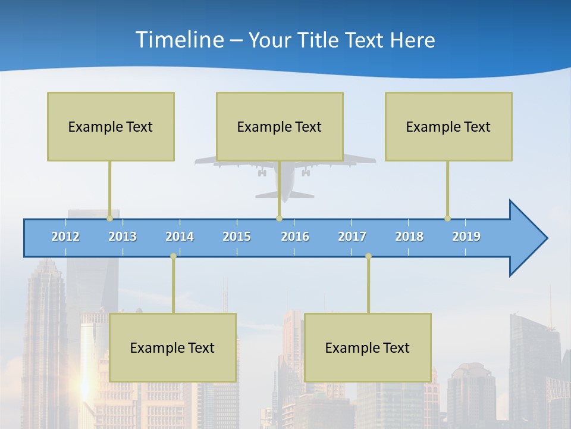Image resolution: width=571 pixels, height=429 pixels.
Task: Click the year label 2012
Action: pos(65,237)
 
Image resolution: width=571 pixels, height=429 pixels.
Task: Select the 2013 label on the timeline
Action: pos(123,237)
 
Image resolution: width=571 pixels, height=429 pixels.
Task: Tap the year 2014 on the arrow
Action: pos(180,237)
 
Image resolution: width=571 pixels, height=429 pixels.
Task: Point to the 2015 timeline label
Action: pos(237,237)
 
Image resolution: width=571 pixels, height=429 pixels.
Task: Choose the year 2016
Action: pos(295,237)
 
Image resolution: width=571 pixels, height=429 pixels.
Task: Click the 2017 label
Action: pos(352,237)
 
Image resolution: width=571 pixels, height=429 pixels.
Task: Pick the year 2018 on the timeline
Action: pos(409,237)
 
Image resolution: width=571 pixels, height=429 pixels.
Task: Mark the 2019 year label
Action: pos(466,237)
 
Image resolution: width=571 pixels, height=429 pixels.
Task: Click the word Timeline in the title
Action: pos(178,40)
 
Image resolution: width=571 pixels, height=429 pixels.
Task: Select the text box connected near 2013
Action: pos(111,126)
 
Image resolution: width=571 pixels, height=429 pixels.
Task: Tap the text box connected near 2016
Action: pos(280,126)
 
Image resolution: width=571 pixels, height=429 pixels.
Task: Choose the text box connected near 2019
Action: pos(448,126)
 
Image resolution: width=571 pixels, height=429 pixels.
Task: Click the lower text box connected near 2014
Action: pos(172,347)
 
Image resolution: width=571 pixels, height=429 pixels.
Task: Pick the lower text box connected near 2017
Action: pos(368,347)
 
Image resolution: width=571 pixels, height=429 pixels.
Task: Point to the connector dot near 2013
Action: pos(109,218)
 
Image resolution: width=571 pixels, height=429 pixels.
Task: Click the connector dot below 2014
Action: pos(173,256)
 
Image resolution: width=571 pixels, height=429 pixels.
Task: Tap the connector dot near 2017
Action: pos(368,256)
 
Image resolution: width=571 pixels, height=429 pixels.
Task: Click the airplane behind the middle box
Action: pos(285,179)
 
